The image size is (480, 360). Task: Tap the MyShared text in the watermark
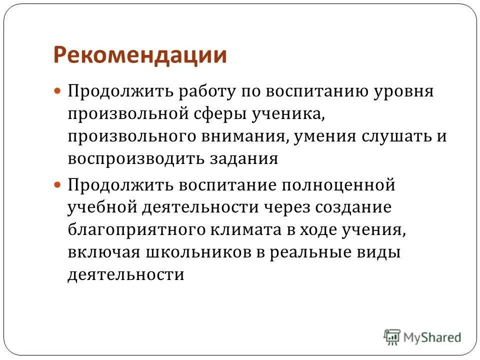point(432,337)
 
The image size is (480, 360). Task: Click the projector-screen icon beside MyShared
point(392,336)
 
